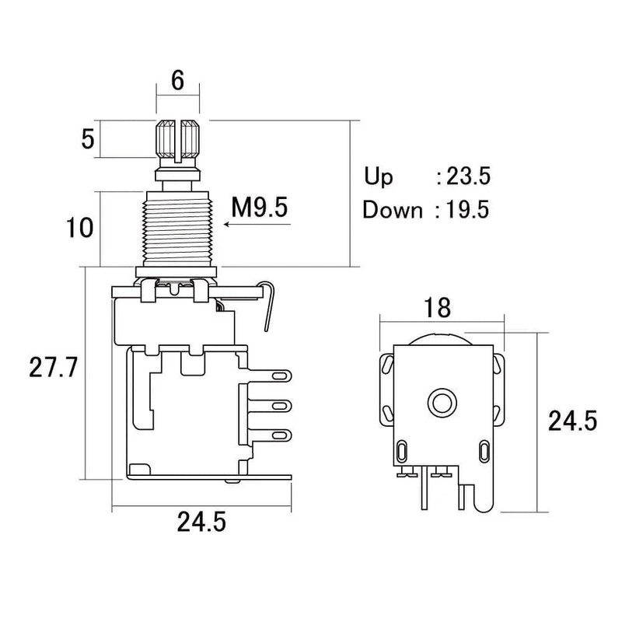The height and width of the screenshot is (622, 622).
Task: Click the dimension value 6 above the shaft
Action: coord(178,81)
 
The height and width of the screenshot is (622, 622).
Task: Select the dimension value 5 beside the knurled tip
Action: coord(88,140)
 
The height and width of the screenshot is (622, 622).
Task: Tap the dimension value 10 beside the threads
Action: coord(80,229)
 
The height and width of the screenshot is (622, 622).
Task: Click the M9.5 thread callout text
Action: coord(260,208)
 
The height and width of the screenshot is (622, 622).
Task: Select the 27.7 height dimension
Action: coord(53,369)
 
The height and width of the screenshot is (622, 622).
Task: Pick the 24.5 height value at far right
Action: coord(572,421)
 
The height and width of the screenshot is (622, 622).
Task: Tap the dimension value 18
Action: coord(437,308)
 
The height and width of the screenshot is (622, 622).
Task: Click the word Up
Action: coord(379,176)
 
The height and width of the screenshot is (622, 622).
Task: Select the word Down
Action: coord(393,210)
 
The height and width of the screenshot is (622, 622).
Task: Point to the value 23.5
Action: coord(467,176)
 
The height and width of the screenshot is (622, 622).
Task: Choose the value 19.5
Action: coord(467,210)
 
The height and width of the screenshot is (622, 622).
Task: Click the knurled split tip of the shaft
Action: coord(179,139)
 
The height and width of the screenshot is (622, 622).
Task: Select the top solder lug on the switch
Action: coord(278,376)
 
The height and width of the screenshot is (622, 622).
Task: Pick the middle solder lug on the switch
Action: coord(278,405)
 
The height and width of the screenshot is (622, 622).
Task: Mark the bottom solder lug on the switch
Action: coord(278,434)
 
